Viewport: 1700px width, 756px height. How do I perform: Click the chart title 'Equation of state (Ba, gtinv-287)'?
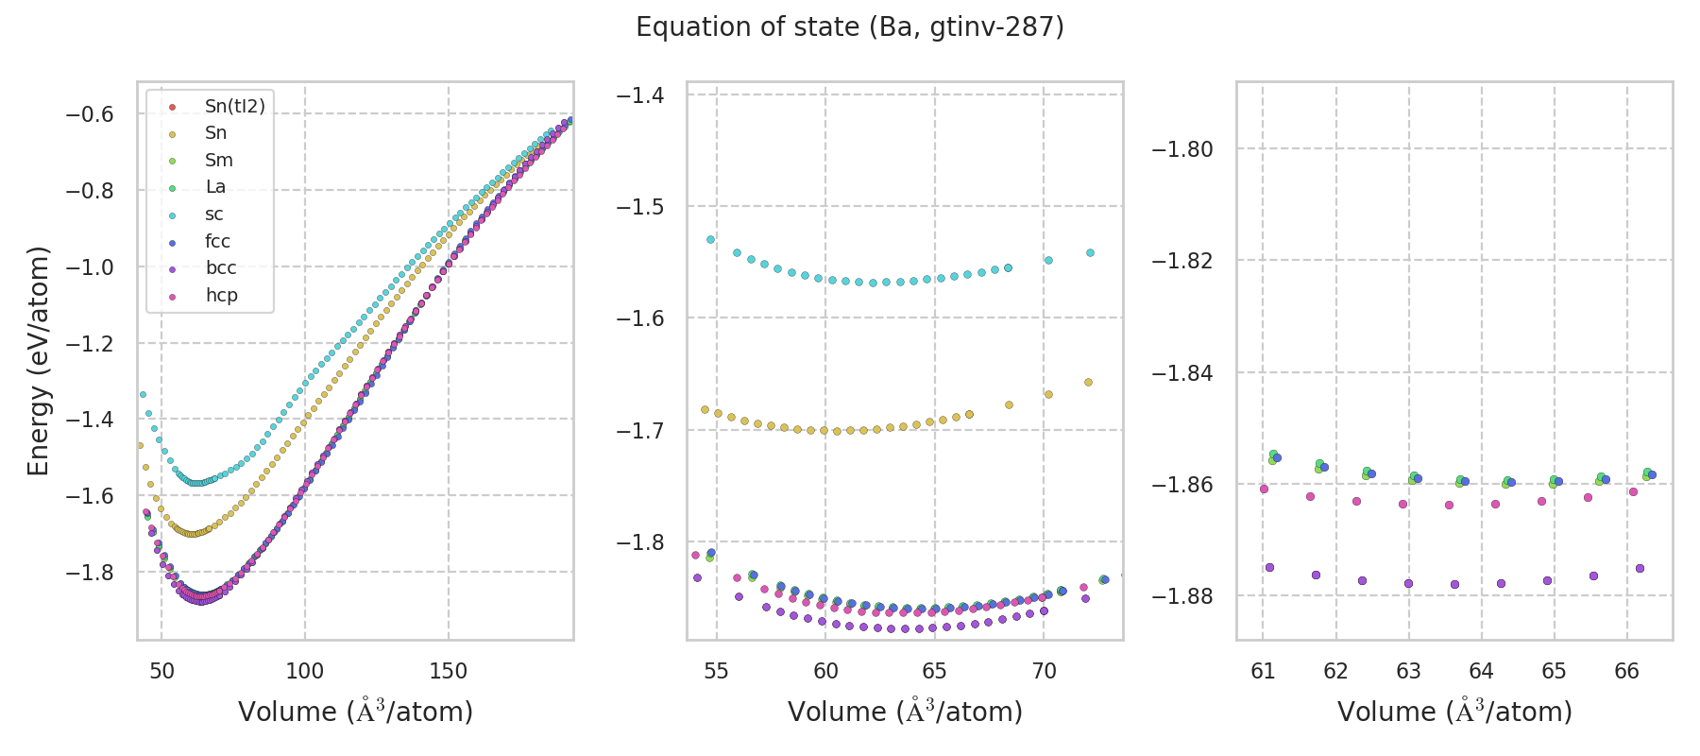850,27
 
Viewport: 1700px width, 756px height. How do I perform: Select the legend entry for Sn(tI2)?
234,107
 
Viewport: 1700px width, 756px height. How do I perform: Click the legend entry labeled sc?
214,215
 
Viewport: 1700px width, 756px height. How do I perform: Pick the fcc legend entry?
217,241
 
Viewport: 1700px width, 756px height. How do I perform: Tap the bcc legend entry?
221,268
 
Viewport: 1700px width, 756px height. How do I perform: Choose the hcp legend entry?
221,295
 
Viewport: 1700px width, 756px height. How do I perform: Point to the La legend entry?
215,187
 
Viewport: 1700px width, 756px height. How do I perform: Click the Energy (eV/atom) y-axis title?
38,361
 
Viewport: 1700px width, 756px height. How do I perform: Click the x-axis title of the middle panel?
905,712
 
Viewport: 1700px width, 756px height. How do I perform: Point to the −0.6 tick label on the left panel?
89,114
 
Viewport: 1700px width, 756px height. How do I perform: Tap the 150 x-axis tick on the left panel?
448,671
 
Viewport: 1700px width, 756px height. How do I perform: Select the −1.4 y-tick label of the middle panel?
639,94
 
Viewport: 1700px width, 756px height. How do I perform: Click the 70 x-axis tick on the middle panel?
1044,671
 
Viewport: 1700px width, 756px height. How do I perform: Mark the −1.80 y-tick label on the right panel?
1182,149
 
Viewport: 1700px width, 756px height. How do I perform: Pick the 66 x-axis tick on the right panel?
1626,671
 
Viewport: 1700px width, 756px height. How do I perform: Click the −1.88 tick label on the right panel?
1182,596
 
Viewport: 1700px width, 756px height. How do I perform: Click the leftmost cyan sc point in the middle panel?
710,240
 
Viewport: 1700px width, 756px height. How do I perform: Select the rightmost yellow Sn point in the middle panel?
1088,383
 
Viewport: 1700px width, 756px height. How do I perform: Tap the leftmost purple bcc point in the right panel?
1269,568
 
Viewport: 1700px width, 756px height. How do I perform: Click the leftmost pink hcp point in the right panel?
1264,490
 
